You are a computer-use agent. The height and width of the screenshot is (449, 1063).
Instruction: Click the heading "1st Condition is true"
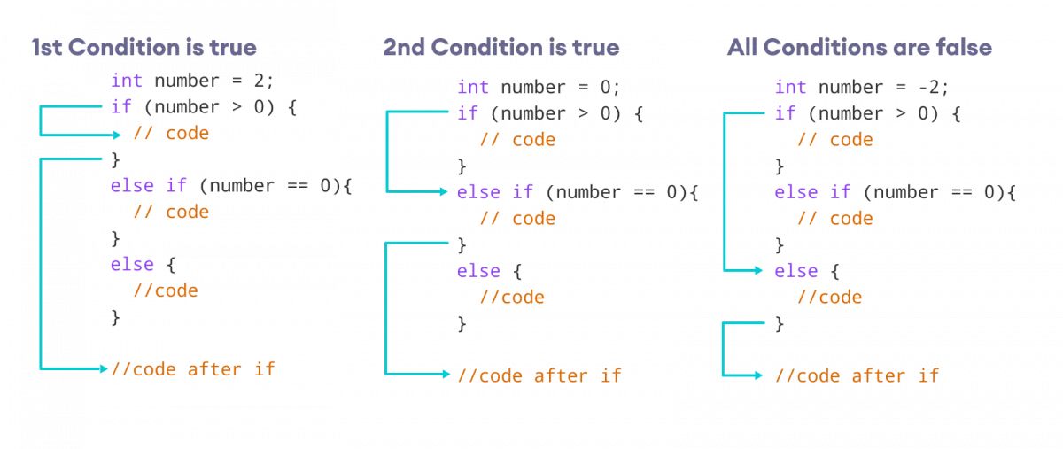(144, 47)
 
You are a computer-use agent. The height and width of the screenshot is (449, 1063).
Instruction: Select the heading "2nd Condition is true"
(501, 47)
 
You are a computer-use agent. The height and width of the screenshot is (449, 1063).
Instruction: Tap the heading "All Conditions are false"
(858, 47)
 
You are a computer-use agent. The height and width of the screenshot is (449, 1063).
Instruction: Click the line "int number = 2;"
(192, 81)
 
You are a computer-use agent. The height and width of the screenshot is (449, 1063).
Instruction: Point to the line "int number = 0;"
(539, 87)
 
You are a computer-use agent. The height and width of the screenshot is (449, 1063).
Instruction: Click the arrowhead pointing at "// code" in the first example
(118, 135)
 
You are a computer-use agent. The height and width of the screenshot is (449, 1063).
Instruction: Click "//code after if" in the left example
(192, 368)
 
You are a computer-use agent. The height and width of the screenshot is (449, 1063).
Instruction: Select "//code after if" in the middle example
(539, 375)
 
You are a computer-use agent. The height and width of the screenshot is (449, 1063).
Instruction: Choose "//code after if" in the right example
(857, 375)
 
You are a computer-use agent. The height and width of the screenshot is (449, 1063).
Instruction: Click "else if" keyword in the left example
(148, 186)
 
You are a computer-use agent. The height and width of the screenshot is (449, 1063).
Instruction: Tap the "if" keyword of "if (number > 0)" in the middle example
(467, 113)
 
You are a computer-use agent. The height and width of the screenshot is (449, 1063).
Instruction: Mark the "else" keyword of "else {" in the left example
(132, 265)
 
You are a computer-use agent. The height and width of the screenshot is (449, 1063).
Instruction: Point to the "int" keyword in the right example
(790, 87)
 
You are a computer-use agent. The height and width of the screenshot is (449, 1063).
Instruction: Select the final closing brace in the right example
(780, 324)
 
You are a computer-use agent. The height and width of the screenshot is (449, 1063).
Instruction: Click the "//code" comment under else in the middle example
(512, 298)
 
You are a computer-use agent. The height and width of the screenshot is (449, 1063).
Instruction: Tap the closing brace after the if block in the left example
(114, 159)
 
